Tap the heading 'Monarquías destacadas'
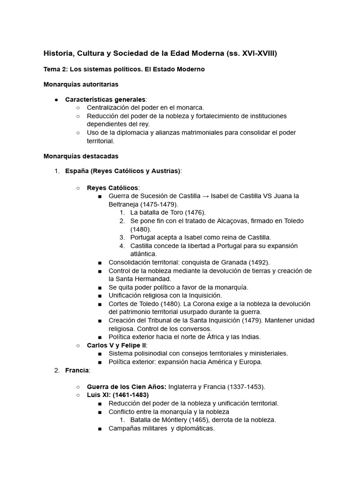pyautogui.click(x=81, y=156)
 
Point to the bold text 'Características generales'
pyautogui.click(x=105, y=100)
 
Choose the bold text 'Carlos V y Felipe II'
pyautogui.click(x=117, y=345)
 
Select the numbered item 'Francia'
pyautogui.click(x=77, y=370)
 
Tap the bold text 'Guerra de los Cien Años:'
pyautogui.click(x=127, y=387)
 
